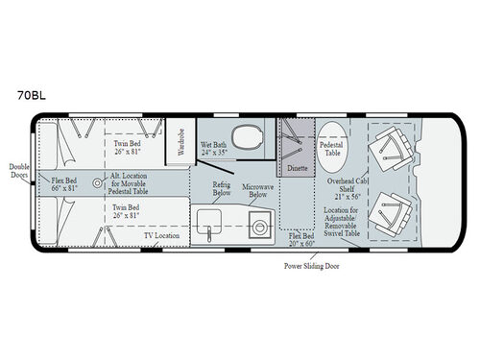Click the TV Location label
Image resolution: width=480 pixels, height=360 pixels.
click(x=161, y=234)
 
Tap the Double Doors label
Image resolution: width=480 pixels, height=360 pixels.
click(x=18, y=170)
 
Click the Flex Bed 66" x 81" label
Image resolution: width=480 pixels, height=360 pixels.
click(x=67, y=184)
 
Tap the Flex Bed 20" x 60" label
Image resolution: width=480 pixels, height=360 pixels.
click(x=304, y=237)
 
